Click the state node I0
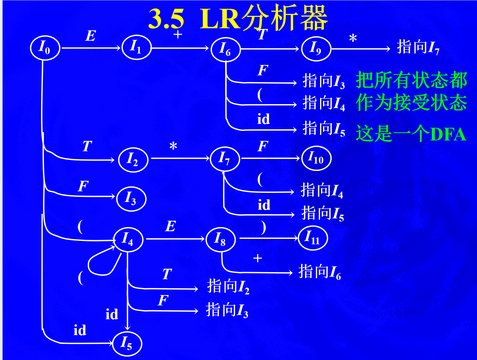(x=45, y=48)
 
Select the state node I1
(x=136, y=48)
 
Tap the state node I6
(x=225, y=49)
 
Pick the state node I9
(x=316, y=49)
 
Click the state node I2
(x=133, y=160)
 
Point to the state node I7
(x=225, y=159)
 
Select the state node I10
(x=316, y=158)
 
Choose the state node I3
(x=131, y=199)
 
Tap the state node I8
(x=221, y=239)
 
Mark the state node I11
(x=313, y=238)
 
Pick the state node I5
(x=127, y=344)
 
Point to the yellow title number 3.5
(x=166, y=19)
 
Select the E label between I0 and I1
(x=91, y=36)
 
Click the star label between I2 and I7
(x=173, y=146)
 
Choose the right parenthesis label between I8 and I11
(x=264, y=227)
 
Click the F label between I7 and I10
(x=263, y=146)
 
